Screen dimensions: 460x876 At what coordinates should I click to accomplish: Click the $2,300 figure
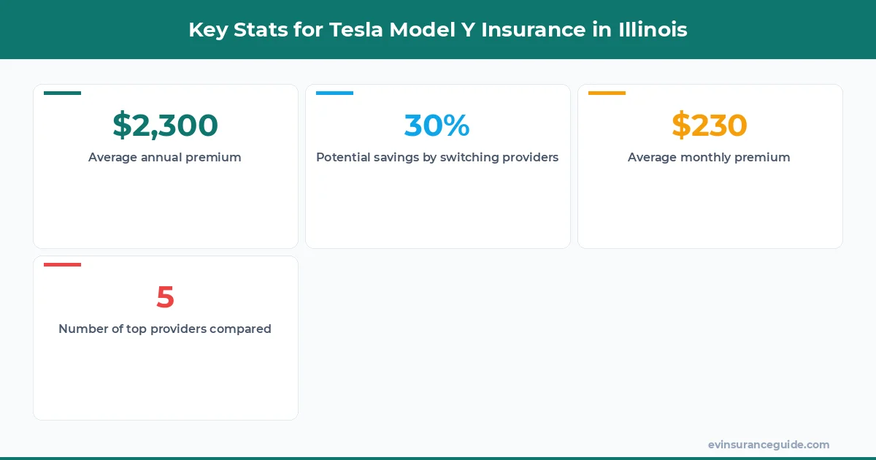(x=165, y=125)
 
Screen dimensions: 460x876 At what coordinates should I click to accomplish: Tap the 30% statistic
(x=437, y=125)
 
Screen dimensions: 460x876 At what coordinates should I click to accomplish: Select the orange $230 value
(x=710, y=125)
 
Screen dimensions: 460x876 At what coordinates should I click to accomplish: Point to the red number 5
(x=165, y=296)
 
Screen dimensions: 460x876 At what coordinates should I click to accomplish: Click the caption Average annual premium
(x=165, y=157)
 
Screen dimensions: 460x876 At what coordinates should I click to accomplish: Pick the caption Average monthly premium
(x=709, y=157)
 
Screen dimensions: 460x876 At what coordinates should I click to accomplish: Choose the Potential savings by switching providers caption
(x=437, y=157)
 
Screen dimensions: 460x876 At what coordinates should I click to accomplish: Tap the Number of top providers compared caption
(x=165, y=329)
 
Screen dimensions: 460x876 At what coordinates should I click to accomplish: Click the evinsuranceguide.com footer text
(x=769, y=445)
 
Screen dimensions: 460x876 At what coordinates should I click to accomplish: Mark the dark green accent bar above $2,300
(x=63, y=93)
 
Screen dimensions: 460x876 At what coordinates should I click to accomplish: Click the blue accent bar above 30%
(x=334, y=93)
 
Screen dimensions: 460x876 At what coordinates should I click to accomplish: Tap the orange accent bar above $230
(x=607, y=93)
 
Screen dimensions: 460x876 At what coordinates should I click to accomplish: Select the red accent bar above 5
(x=63, y=264)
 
